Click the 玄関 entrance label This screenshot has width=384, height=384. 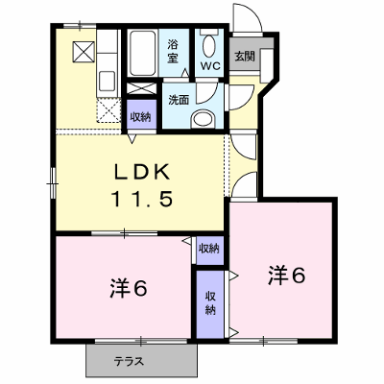coord(245,57)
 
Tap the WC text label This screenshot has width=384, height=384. coord(210,66)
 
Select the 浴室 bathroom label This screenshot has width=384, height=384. coord(173,52)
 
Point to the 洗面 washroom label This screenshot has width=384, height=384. coord(179,100)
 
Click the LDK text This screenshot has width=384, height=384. coord(142,173)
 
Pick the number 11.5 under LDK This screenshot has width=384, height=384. coord(142,198)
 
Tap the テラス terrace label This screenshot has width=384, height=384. coord(130,362)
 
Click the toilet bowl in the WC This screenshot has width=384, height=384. coord(209,45)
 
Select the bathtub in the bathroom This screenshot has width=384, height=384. coord(142,52)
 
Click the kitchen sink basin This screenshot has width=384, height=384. coord(107,82)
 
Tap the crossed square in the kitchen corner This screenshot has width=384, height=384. coord(84,52)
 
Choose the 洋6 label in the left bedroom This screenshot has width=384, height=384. coord(129,288)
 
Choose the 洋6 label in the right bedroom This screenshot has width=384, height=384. coord(286,276)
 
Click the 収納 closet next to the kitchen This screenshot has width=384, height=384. coord(141,117)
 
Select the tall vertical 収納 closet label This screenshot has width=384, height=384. coord(210,303)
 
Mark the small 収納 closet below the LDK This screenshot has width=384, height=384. coord(209,249)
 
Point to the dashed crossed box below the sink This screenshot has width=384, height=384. coord(108,110)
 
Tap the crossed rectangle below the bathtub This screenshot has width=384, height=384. coord(141,88)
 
